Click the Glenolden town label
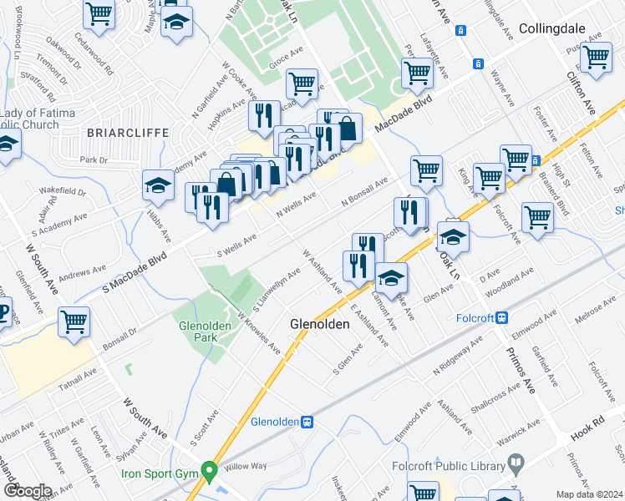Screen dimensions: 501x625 (318, 323)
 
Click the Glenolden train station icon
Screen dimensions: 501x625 (307, 423)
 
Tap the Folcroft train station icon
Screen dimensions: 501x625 (502, 317)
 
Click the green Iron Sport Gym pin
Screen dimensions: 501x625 (208, 471)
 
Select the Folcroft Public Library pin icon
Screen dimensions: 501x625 (517, 462)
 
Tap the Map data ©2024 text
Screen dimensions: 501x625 (589, 494)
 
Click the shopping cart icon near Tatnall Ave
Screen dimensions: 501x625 (74, 321)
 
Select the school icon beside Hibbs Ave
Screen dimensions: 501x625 (157, 187)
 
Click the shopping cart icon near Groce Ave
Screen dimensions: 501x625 (301, 83)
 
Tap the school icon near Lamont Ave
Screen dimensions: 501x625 (389, 277)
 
